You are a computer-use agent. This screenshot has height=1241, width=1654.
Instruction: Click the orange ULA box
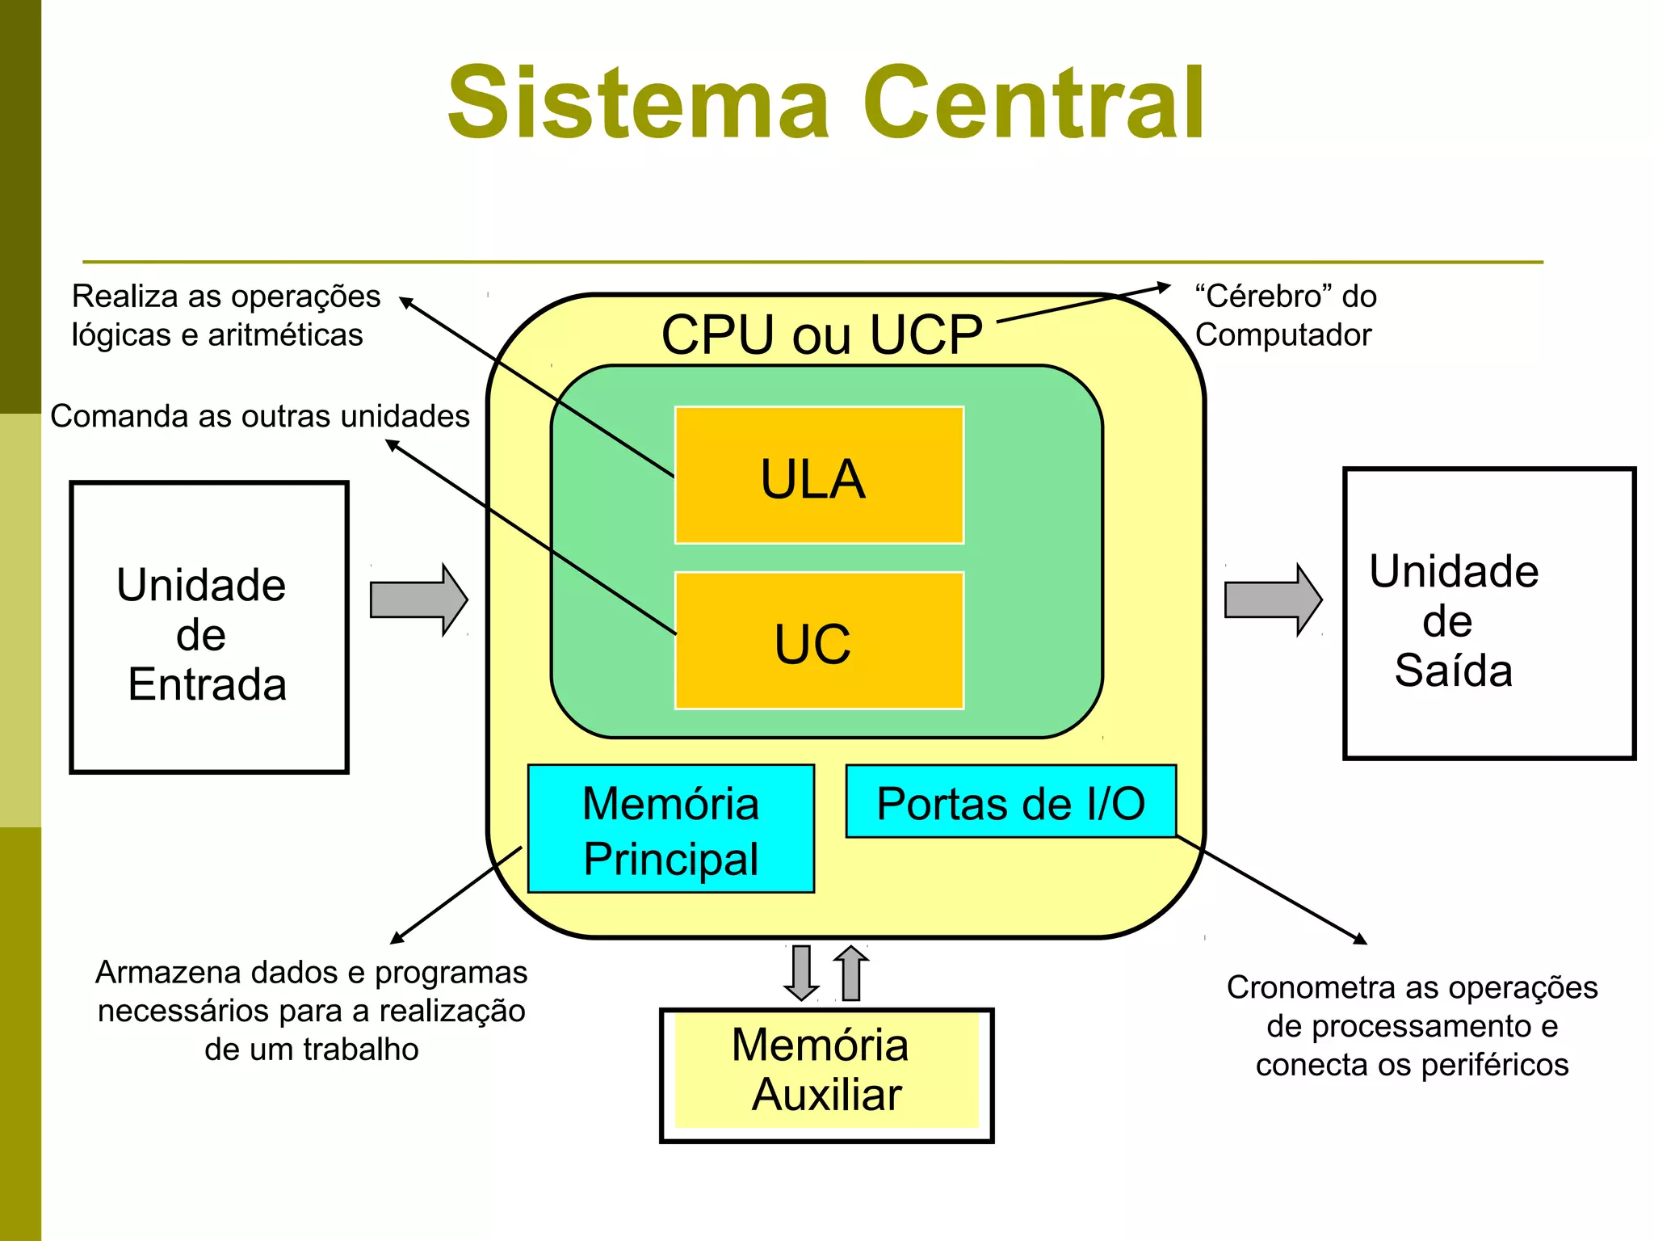819,476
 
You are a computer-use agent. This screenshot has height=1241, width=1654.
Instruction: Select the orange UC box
819,642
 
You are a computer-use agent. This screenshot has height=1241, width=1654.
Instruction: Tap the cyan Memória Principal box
670,829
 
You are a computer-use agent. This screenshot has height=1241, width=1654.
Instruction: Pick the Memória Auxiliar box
826,1074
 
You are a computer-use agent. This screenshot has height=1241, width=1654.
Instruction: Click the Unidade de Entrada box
208,628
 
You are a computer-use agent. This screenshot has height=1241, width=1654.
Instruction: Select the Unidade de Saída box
1488,614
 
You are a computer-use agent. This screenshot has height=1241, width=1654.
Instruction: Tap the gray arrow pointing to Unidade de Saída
1272,600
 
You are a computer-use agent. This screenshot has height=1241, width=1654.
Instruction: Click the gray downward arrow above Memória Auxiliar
801,973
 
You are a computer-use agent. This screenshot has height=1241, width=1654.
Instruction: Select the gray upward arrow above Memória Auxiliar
850,973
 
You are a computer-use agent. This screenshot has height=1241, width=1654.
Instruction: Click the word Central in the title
1033,103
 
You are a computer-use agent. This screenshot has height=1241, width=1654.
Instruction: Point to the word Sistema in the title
638,103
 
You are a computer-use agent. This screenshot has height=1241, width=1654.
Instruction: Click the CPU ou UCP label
821,334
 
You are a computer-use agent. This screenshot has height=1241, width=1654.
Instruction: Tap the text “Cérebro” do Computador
1286,315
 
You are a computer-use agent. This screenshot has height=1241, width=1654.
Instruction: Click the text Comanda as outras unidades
259,416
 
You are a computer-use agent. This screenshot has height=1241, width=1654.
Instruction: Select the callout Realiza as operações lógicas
225,315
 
